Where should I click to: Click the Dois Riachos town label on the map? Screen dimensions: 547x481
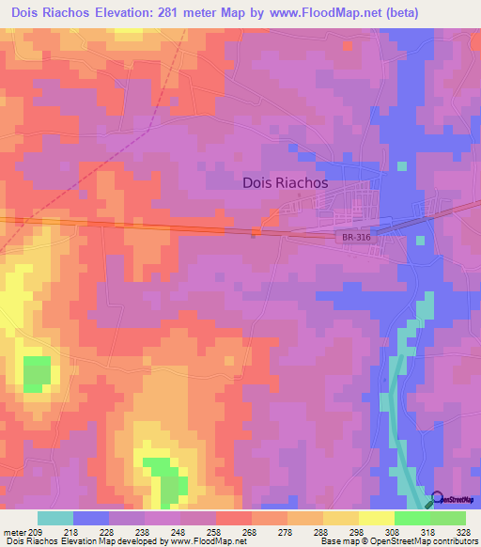[x=285, y=183]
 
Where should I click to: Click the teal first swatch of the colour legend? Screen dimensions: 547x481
[x=55, y=518]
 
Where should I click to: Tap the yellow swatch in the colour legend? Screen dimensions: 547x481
[x=377, y=518]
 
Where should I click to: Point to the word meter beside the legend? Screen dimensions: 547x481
[x=16, y=531]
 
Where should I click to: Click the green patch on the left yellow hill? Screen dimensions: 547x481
[x=37, y=373]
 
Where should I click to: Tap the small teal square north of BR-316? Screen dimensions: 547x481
[x=402, y=166]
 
